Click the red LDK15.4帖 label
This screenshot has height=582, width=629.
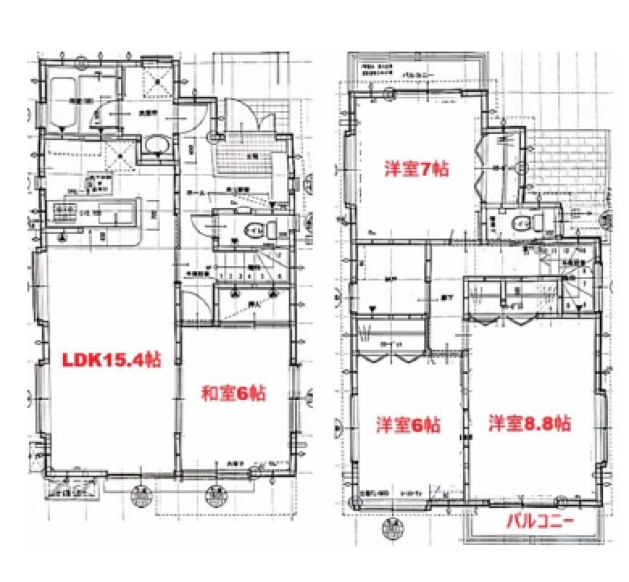point(110,360)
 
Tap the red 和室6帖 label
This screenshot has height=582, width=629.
point(233,394)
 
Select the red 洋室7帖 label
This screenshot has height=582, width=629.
point(417,168)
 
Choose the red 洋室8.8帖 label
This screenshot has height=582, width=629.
point(530,423)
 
